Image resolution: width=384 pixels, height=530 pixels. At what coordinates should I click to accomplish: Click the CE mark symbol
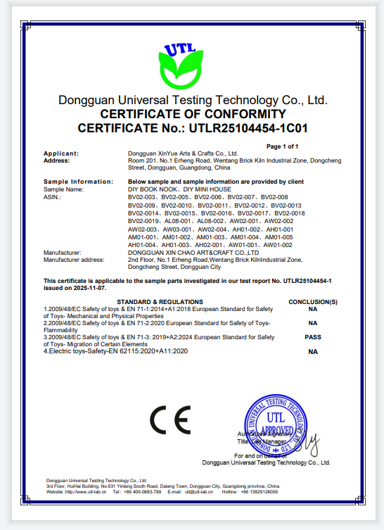pyautogui.click(x=169, y=422)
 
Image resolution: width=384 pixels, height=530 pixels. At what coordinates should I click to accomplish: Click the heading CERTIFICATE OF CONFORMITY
pyautogui.click(x=193, y=114)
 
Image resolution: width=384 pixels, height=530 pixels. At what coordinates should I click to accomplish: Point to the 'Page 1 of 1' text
pyautogui.click(x=283, y=146)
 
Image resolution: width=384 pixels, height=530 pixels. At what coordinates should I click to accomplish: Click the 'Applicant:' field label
pyautogui.click(x=61, y=153)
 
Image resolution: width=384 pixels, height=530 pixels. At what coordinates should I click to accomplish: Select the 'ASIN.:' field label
pyautogui.click(x=53, y=196)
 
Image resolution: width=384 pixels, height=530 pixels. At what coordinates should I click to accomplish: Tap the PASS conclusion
pyautogui.click(x=313, y=337)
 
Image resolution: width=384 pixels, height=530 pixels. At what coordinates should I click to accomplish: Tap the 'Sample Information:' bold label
pyautogui.click(x=73, y=181)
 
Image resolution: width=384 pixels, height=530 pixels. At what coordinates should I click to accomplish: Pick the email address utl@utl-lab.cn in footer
pyautogui.click(x=191, y=492)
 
